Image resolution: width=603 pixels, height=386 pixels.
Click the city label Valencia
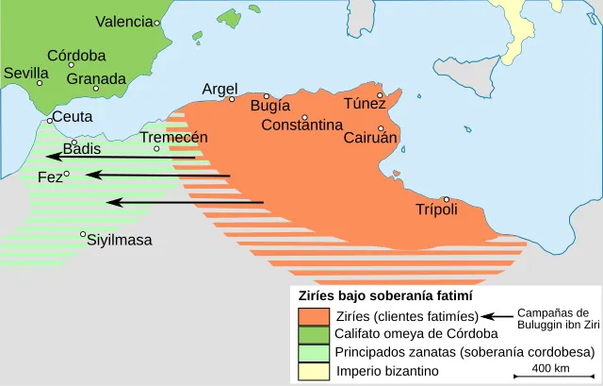click(123, 22)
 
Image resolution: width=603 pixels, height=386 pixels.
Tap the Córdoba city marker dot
click(71, 65)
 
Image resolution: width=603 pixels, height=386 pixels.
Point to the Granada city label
click(96, 79)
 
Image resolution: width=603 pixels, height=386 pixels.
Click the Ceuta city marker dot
click(50, 121)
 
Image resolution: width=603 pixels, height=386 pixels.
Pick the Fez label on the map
click(49, 177)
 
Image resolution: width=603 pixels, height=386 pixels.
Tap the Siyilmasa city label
click(120, 240)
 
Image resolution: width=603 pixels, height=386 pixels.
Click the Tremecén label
click(173, 137)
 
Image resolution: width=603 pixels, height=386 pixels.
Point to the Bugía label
click(269, 107)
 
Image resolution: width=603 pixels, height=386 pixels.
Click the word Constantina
click(301, 126)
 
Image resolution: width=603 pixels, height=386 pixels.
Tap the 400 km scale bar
click(548, 376)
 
